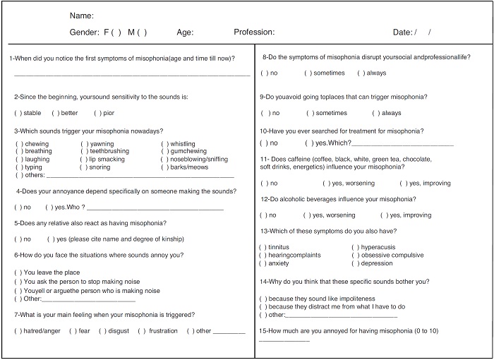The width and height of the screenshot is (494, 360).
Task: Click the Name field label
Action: [82, 16]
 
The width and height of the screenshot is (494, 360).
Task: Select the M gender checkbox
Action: [142, 32]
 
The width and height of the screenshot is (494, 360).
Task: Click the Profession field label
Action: [254, 32]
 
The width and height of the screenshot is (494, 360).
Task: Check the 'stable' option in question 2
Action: [18, 113]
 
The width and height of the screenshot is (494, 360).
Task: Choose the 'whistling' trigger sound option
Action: [164, 144]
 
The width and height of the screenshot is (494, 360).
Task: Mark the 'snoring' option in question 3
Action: [84, 167]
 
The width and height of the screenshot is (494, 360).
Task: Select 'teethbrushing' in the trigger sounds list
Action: [84, 152]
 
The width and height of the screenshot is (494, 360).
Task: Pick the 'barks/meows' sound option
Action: [164, 167]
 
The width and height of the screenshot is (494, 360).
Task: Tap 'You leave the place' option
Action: [18, 272]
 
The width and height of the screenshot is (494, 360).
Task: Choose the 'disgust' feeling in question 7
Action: [102, 331]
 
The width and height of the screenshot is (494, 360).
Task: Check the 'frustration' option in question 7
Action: [142, 331]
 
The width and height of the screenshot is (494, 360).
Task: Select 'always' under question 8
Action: [361, 73]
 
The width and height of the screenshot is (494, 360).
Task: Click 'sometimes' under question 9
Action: [308, 113]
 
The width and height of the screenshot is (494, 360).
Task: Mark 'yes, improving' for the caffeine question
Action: [403, 184]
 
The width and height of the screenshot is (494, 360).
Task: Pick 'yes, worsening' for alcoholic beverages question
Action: [307, 215]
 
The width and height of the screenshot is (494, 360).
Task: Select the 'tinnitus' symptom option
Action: [263, 247]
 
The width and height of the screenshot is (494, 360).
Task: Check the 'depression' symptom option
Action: [355, 263]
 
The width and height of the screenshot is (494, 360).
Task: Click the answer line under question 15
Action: [284, 342]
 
